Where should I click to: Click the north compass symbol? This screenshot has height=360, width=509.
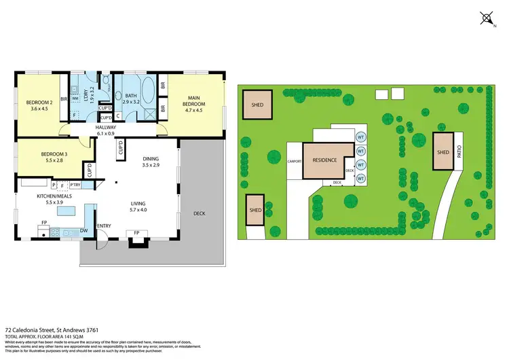487,18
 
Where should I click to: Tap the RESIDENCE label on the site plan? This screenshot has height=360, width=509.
324,160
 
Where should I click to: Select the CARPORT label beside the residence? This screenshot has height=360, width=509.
294,162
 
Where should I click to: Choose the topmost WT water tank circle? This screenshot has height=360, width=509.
360,137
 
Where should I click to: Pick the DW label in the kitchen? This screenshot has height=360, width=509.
83,232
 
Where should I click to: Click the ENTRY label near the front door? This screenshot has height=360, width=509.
104,226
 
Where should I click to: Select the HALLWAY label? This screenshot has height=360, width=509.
107,127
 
